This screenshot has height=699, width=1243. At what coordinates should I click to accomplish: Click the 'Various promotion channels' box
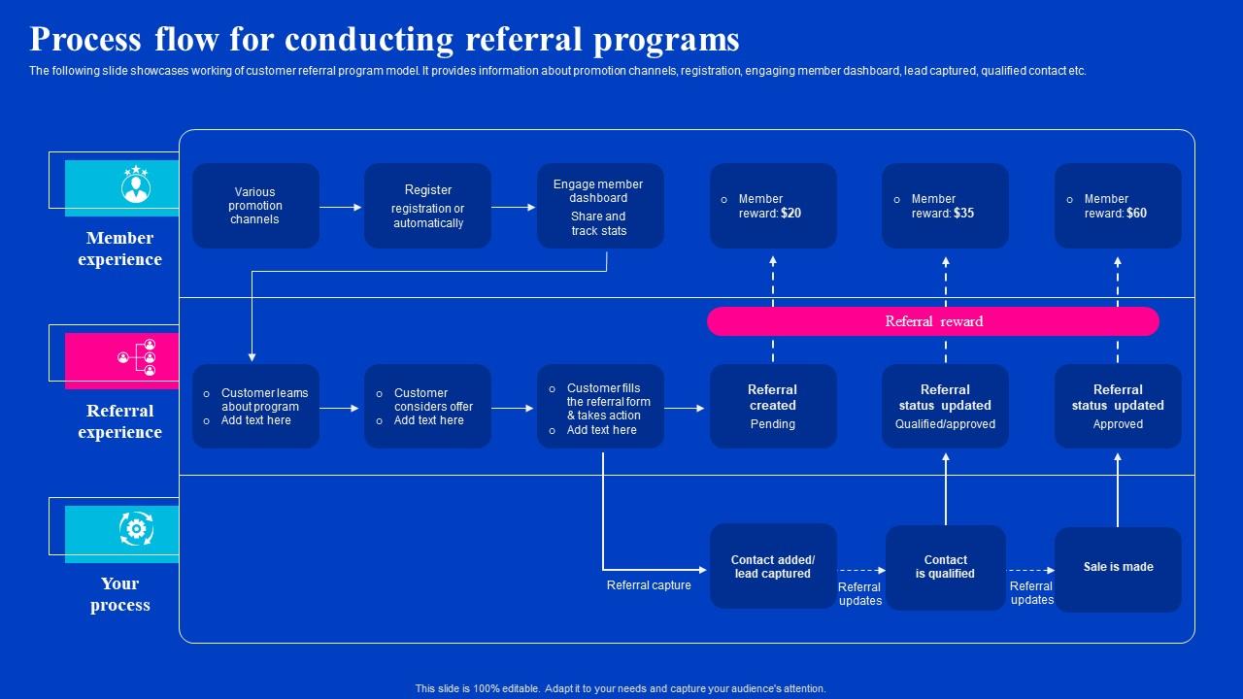[255, 206]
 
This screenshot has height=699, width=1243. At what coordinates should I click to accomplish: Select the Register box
[427, 206]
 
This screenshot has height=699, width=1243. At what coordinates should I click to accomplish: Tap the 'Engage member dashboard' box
[600, 206]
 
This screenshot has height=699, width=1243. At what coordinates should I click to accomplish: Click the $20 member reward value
[790, 214]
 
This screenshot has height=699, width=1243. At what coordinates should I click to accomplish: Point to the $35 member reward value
[963, 214]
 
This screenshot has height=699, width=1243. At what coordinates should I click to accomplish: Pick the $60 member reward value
[1135, 214]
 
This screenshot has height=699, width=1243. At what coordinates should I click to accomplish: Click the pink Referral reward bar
[932, 321]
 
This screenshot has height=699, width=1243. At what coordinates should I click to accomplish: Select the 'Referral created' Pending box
[773, 406]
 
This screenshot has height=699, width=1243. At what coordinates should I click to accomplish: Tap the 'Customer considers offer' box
[427, 406]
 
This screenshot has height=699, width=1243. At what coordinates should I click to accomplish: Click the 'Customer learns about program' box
[255, 406]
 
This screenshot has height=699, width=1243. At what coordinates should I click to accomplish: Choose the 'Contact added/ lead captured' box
[773, 567]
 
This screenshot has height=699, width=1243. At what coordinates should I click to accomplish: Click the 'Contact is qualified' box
[945, 567]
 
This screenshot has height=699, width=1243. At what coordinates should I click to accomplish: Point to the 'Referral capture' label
[649, 585]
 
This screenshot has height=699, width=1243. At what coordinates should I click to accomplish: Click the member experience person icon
[136, 185]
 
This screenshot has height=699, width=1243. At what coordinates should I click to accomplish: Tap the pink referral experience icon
[136, 358]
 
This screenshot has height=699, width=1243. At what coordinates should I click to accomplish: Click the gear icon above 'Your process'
[136, 530]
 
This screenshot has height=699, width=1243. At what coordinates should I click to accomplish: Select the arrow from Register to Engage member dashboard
[514, 207]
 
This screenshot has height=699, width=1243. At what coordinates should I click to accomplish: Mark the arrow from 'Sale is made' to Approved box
[1118, 490]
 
